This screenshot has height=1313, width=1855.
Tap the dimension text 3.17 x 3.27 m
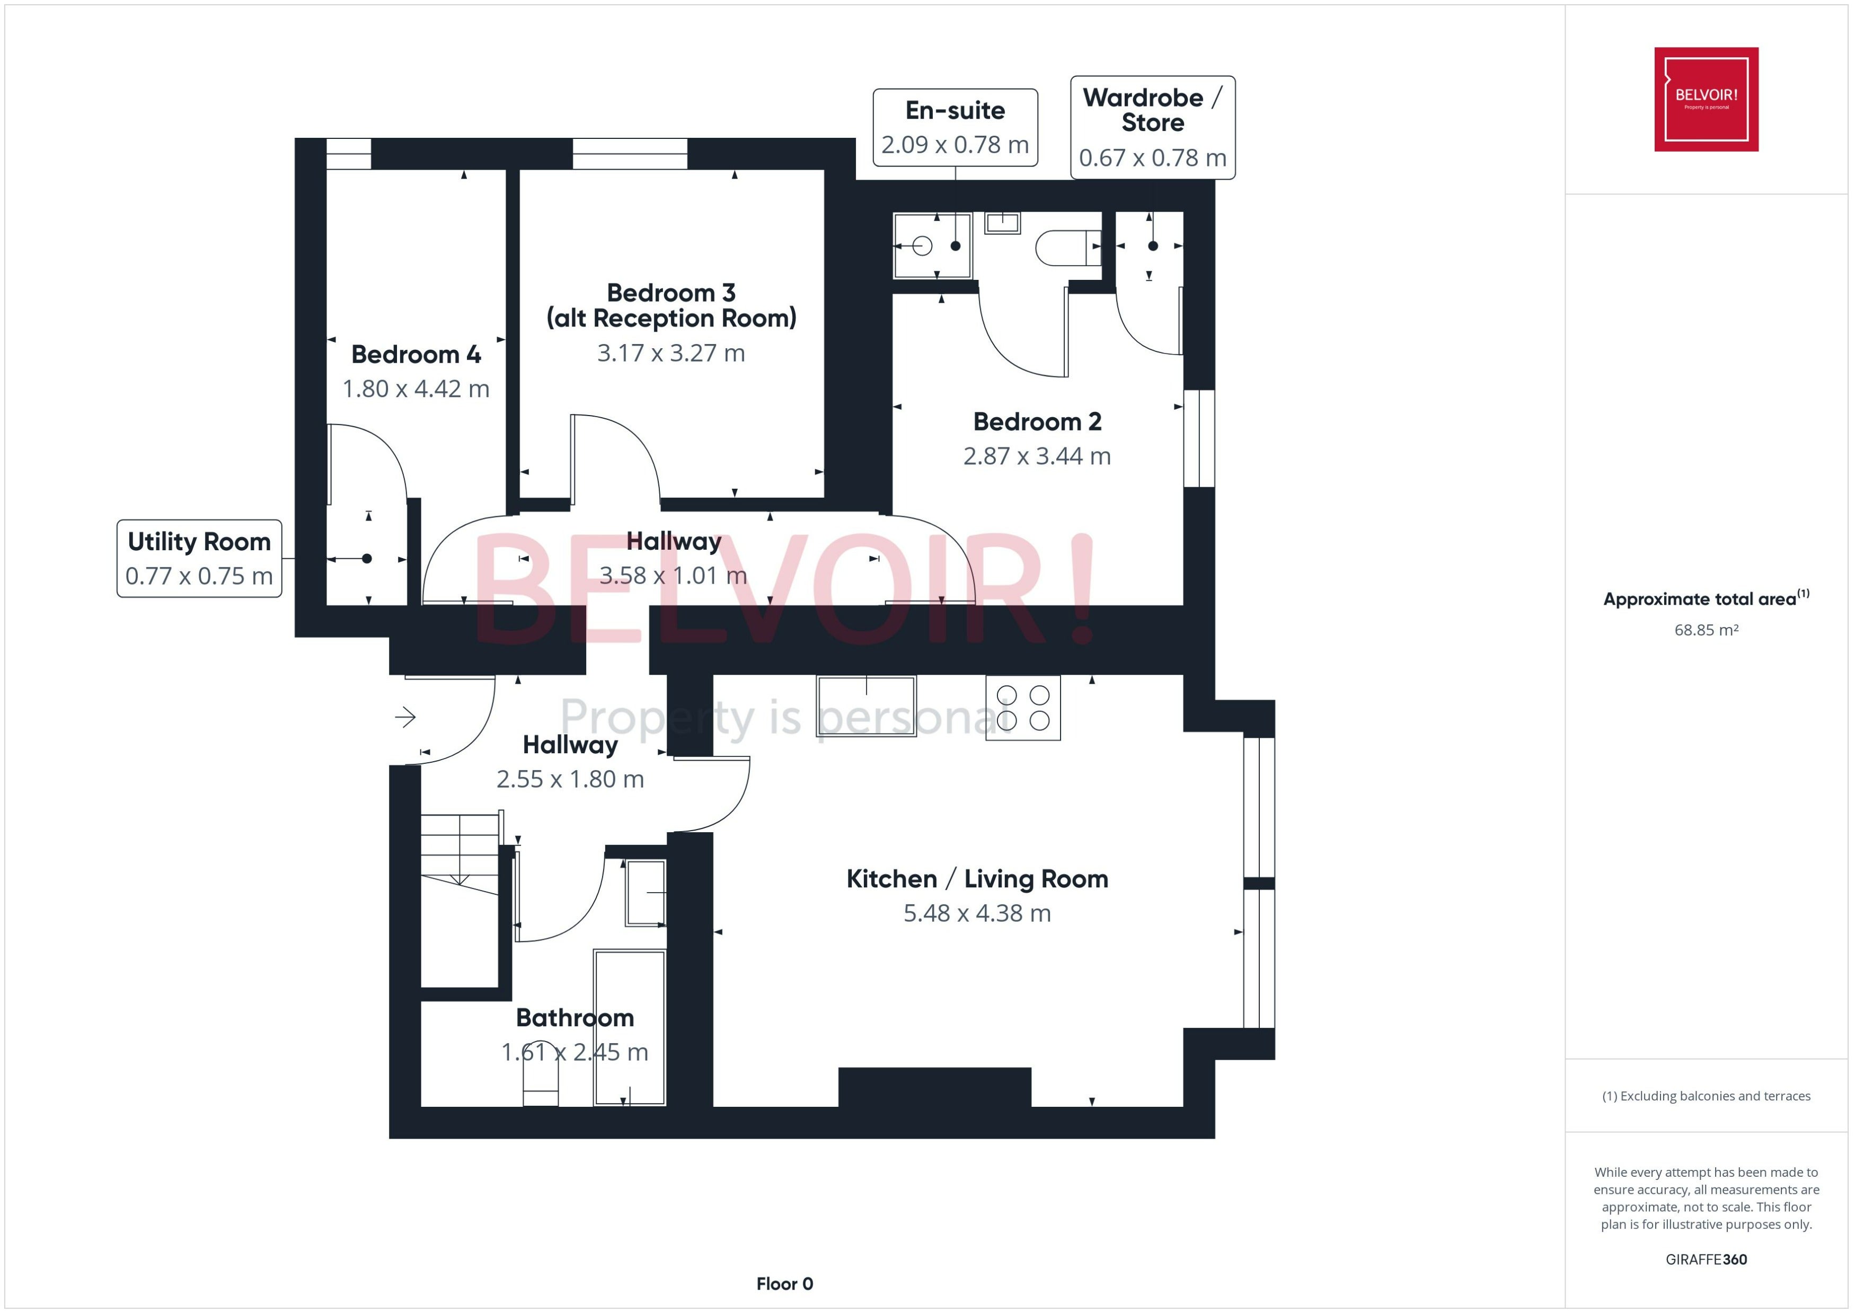click(x=671, y=354)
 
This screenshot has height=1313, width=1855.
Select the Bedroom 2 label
click(x=1037, y=421)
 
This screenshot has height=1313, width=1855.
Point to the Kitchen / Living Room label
click(x=977, y=879)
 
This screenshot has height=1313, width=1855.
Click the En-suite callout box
click(x=956, y=128)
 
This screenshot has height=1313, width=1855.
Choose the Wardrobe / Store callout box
click(x=1153, y=128)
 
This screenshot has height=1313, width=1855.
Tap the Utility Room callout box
click(x=200, y=559)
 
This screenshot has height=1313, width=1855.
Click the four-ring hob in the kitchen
click(x=1022, y=708)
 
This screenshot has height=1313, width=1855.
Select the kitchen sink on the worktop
click(x=867, y=706)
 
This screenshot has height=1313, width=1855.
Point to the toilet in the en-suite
click(x=1068, y=248)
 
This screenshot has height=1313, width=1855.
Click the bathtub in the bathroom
click(x=630, y=1028)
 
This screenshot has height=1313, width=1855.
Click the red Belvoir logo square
click(x=1706, y=100)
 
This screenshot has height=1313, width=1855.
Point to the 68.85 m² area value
click(x=1706, y=630)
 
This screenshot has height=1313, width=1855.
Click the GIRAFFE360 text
click(x=1706, y=1259)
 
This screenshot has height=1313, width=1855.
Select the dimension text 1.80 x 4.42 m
click(x=416, y=389)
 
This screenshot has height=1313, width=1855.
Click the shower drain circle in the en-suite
click(x=922, y=246)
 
